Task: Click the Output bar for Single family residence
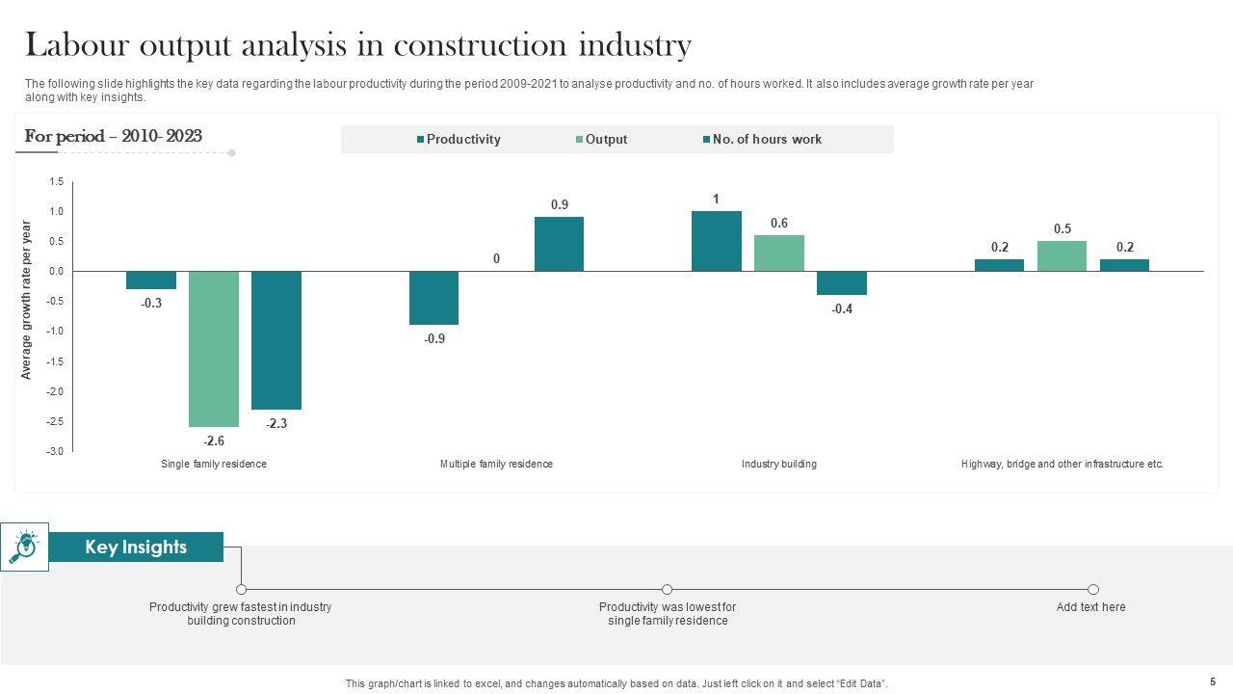(213, 348)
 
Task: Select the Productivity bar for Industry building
(716, 241)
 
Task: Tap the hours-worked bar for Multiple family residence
(559, 244)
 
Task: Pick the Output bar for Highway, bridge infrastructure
(1062, 256)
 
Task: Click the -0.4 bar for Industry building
(842, 282)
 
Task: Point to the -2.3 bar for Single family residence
(276, 339)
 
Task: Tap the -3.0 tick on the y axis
(56, 451)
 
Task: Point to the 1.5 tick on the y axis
(56, 182)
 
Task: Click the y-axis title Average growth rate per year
(27, 300)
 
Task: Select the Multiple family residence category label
(496, 465)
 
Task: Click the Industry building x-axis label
(778, 465)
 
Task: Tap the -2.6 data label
(214, 440)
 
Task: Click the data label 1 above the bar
(716, 200)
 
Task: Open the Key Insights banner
(136, 547)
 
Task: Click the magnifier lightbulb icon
(24, 547)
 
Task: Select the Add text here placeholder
(1090, 607)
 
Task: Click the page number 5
(1212, 681)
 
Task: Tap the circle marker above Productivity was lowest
(667, 589)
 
